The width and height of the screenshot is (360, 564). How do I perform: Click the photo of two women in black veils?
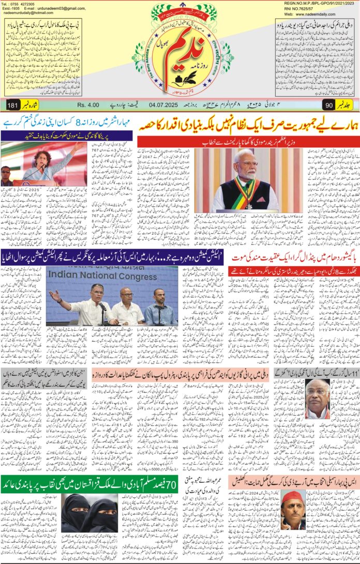(x=89, y=512)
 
